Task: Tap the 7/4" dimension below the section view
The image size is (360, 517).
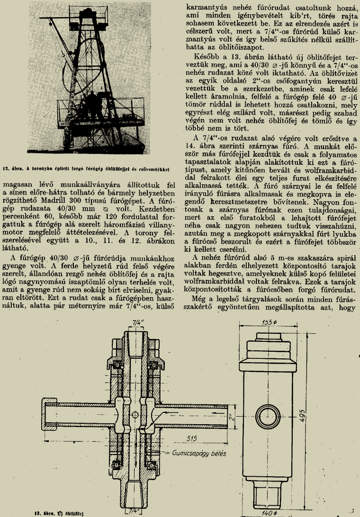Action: click(x=134, y=510)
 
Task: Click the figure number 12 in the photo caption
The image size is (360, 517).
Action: click(x=6, y=167)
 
